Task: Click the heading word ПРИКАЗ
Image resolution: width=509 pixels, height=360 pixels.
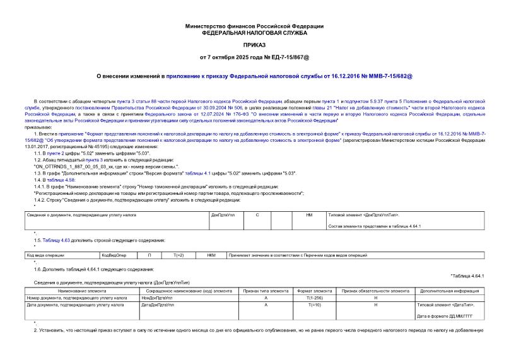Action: click(254, 45)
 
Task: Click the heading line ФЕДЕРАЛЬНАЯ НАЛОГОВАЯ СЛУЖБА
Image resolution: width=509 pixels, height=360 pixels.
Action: click(254, 32)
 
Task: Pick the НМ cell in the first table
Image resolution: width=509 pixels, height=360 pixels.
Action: click(309, 215)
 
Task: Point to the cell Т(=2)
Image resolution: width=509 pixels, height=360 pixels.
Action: click(178, 255)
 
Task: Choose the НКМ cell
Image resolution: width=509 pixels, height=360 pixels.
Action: click(212, 255)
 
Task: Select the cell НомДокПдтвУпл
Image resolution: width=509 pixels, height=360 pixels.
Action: click(157, 297)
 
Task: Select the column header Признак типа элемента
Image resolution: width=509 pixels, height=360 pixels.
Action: click(266, 291)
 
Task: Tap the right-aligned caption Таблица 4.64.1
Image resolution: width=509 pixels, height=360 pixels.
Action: click(467, 276)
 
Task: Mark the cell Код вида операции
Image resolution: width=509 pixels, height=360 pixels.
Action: click(45, 255)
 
